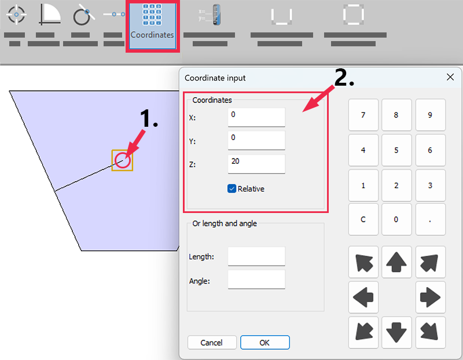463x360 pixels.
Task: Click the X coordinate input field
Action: (x=256, y=117)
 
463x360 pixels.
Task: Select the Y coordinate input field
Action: (x=256, y=140)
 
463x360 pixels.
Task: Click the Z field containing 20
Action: (x=256, y=164)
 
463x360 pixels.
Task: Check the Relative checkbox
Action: (x=232, y=189)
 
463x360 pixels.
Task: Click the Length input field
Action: (x=256, y=256)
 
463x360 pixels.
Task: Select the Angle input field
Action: (x=256, y=280)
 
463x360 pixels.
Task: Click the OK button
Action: (x=264, y=343)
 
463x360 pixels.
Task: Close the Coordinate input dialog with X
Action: (x=450, y=77)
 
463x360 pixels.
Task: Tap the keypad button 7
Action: (x=363, y=115)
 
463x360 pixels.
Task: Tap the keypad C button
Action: (x=363, y=219)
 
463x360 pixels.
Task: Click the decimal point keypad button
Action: (x=430, y=219)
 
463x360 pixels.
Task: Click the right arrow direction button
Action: (x=430, y=297)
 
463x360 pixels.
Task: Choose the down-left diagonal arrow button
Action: (x=363, y=332)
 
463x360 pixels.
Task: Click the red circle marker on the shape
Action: (x=122, y=160)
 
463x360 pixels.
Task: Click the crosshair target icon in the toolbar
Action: (x=16, y=14)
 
